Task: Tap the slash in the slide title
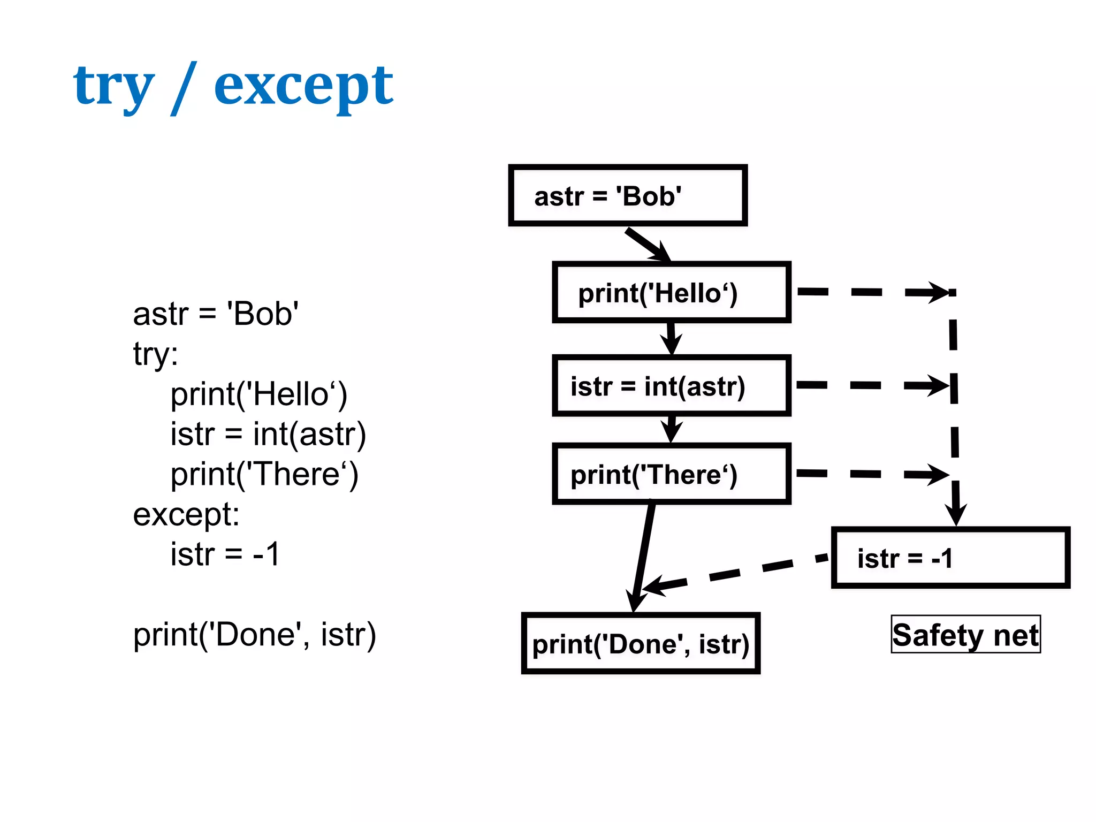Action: tap(184, 88)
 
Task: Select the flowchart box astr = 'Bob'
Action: tap(627, 196)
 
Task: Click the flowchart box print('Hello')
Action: tap(672, 293)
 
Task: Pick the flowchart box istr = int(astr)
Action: tap(672, 386)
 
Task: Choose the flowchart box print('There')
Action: tap(672, 474)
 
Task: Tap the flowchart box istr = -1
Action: tap(950, 558)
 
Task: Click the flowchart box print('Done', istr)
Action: tap(641, 644)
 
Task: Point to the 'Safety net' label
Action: tap(965, 635)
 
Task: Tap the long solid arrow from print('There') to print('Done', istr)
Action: tap(642, 557)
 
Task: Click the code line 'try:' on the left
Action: tap(155, 354)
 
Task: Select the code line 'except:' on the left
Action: tap(186, 514)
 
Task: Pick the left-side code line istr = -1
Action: tap(225, 554)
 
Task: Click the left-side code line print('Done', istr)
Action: tap(254, 635)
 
